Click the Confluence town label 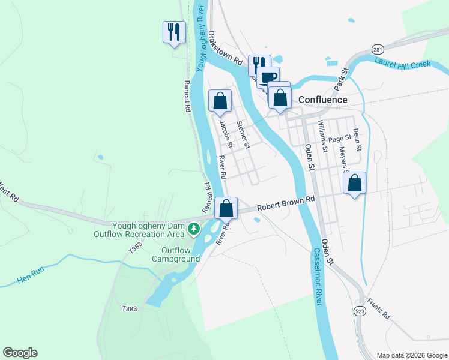324,100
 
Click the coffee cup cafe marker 268,77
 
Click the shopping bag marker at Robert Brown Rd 226,209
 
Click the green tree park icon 193,228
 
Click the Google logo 20,353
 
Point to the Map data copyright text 411,355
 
